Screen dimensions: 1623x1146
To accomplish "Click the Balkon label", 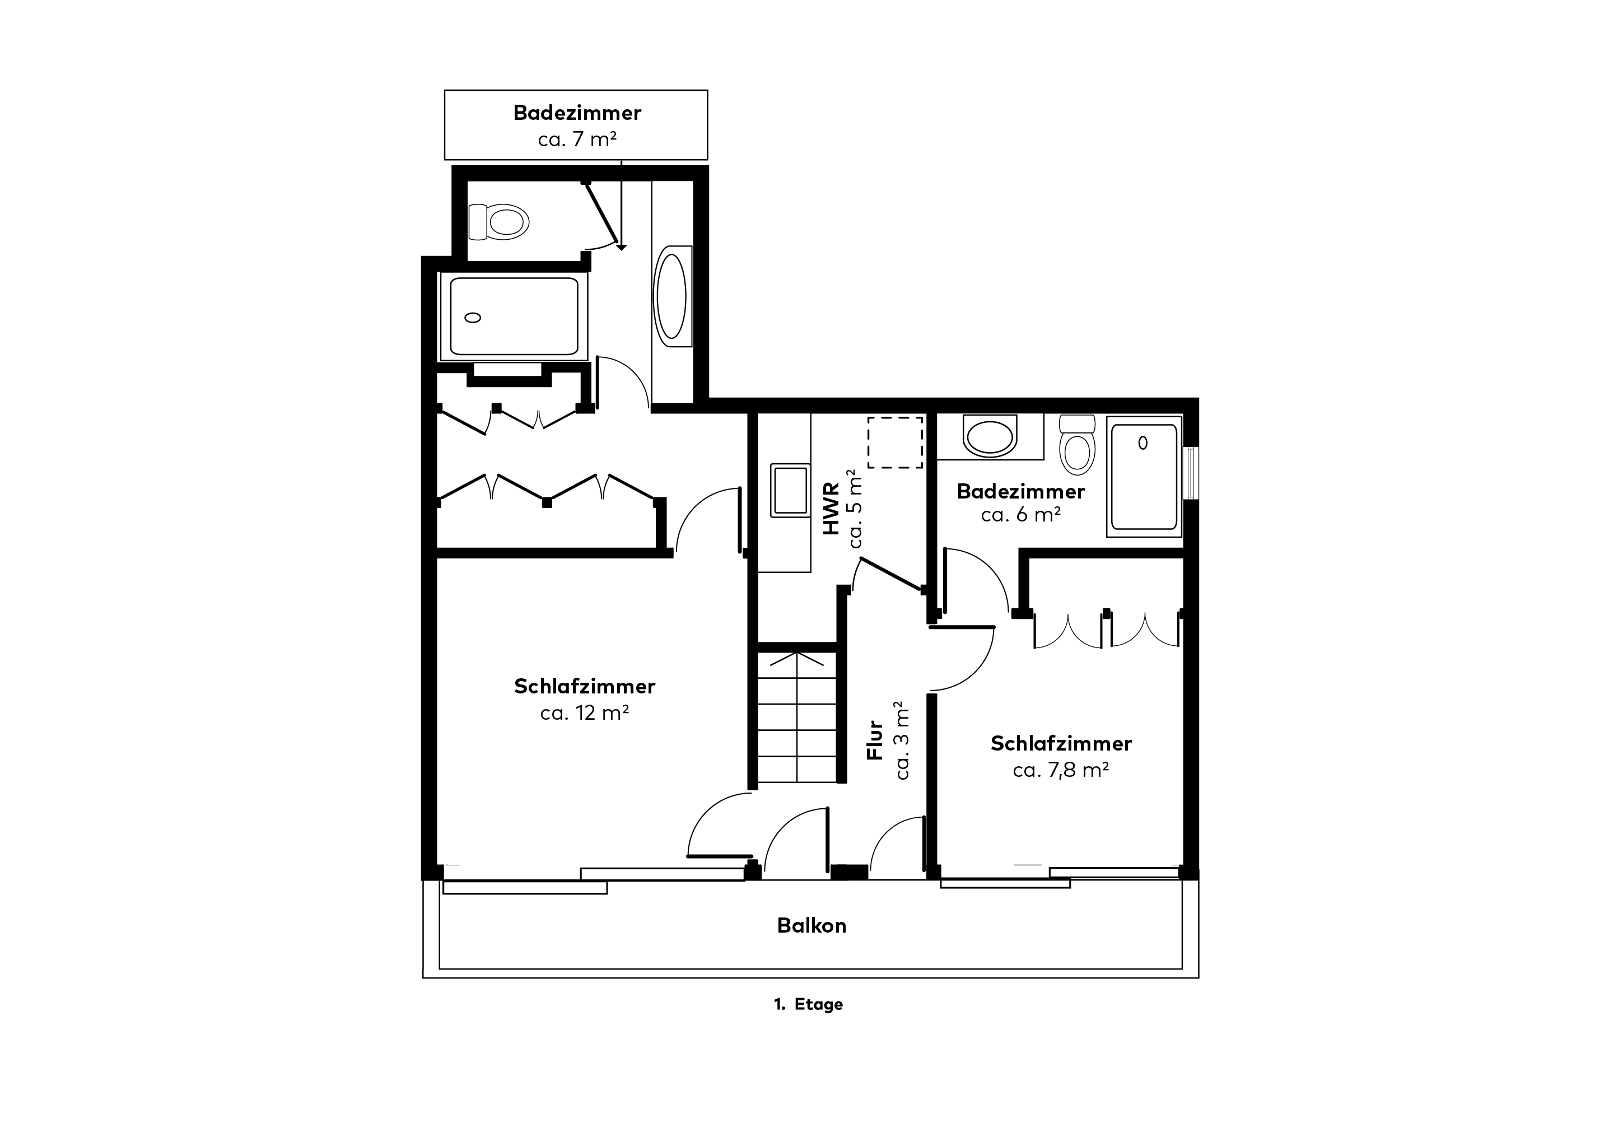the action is pos(811,925).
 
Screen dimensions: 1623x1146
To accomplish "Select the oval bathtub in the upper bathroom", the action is pos(671,296).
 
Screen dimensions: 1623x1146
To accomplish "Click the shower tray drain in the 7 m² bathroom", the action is pos(473,318).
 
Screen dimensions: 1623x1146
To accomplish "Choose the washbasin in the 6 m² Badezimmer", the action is pos(990,436).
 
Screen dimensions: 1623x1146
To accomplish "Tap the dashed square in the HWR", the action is pos(895,442).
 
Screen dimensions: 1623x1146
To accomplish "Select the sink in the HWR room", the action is pos(790,490).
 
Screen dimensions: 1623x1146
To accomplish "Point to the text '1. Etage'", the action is pos(809,1005).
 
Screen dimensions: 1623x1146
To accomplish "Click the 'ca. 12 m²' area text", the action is pos(585,712).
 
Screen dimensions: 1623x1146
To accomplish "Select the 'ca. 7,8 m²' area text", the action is pos(1060,770).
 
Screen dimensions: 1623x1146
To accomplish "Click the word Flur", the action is pos(875,740).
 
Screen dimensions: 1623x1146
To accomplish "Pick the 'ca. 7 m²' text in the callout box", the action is pos(577,139).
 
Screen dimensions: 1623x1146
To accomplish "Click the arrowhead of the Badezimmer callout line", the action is pos(621,247).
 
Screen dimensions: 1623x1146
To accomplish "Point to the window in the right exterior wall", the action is pos(1191,473).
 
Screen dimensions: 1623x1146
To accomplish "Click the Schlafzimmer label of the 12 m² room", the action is pos(585,687).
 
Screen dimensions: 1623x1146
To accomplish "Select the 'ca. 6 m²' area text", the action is pos(1021,515).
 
